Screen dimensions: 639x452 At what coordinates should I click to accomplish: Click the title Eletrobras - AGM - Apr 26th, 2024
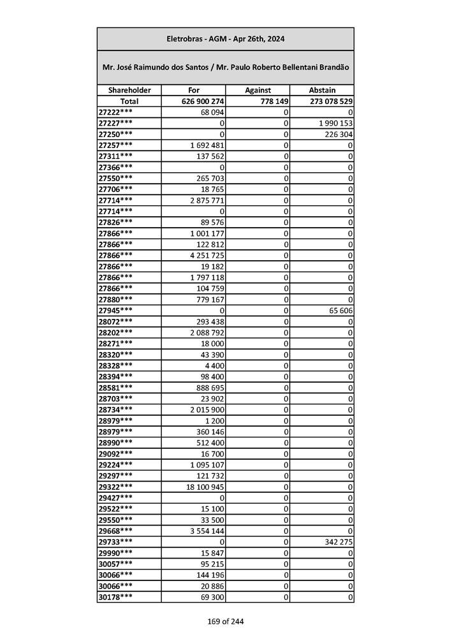[225, 39]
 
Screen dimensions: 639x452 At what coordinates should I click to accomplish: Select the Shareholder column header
[129, 91]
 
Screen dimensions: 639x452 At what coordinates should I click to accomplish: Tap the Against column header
[258, 91]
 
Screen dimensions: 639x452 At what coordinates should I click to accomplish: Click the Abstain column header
[321, 91]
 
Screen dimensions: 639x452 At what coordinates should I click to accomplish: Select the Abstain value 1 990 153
[335, 123]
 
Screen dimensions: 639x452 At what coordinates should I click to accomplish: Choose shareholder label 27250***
[116, 134]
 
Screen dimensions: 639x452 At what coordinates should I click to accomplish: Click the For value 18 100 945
[201, 487]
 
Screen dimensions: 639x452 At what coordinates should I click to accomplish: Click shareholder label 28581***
[116, 387]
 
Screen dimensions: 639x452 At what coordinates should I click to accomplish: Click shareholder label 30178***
[116, 596]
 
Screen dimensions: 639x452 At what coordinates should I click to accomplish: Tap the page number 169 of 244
[225, 621]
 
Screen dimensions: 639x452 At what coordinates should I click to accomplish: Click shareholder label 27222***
[116, 112]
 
